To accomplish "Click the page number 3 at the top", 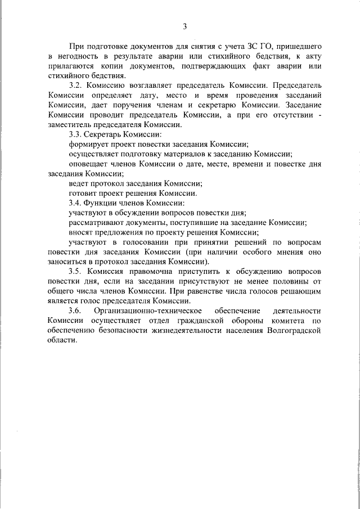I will click(184, 26).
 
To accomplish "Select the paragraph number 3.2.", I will click(75, 86).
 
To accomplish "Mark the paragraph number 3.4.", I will click(75, 202).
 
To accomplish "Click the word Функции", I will click(105, 202).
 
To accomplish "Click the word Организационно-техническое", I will click(146, 310).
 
